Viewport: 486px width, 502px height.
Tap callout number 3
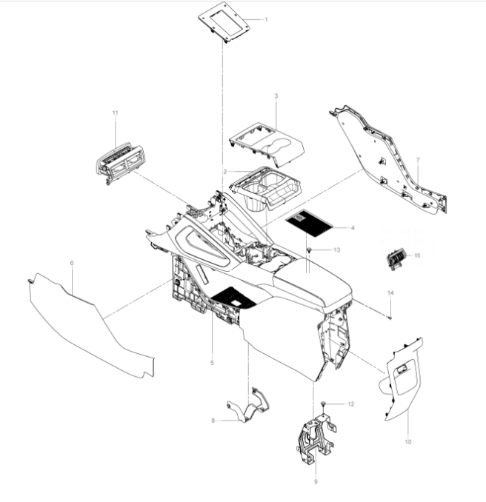(x=276, y=96)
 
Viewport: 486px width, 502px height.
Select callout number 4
(x=353, y=228)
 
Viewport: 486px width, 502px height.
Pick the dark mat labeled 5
(x=233, y=298)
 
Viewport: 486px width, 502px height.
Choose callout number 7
(x=418, y=160)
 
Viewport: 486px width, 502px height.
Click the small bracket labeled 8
(x=249, y=407)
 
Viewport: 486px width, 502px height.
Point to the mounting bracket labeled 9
(x=314, y=439)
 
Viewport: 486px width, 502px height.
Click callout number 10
(x=407, y=441)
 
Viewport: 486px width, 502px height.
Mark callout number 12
(x=351, y=404)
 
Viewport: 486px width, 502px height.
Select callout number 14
(x=390, y=294)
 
